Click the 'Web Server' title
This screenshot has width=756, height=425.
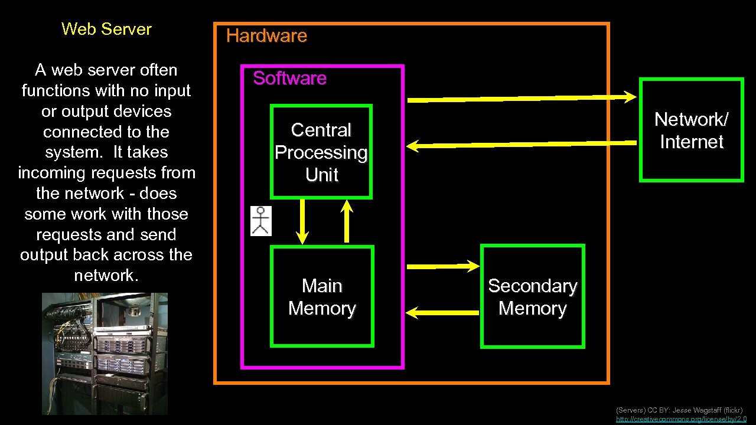pos(106,29)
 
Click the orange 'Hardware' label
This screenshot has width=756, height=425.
pos(266,36)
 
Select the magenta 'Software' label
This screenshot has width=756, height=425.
pos(289,78)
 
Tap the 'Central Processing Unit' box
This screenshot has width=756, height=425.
pos(321,152)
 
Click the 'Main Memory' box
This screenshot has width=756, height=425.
pos(322,297)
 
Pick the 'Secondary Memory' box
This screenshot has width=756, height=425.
pos(532,297)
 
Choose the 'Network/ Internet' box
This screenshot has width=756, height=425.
pos(691,130)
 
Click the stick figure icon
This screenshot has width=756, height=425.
pos(261,221)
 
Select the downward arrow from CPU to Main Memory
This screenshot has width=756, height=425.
pos(302,221)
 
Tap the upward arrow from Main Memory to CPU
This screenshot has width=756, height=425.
pos(347,221)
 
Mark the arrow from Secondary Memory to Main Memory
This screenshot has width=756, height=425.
pos(444,312)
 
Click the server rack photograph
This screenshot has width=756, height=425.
pos(105,354)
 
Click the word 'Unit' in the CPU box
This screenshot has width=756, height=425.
pos(322,175)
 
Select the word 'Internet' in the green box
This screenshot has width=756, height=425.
pos(691,142)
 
